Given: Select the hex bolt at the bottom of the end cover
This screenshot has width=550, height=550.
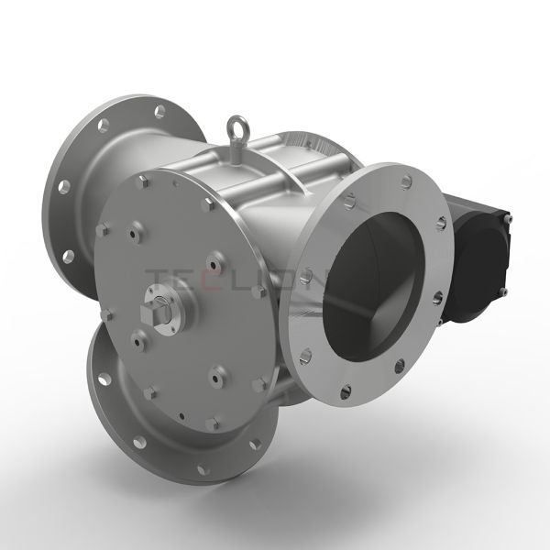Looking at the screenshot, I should (x=214, y=424).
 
